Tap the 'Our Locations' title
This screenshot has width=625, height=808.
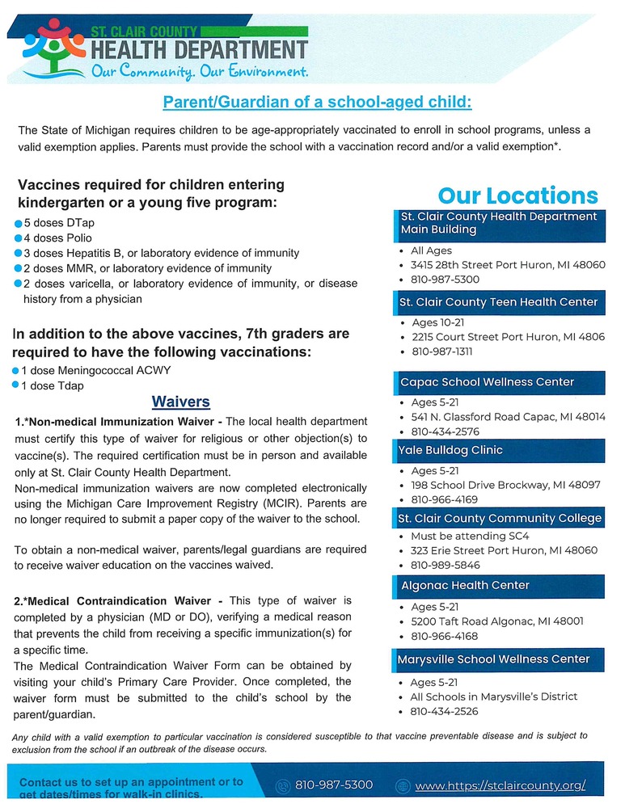(517, 196)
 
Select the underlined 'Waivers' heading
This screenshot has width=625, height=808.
(181, 402)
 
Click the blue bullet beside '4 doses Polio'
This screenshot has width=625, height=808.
(18, 238)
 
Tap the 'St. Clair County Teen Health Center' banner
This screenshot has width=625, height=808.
(499, 302)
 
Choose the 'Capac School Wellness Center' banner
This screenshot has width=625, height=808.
(488, 381)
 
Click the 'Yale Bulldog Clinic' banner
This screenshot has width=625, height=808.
(451, 450)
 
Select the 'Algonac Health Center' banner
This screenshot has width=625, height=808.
(466, 585)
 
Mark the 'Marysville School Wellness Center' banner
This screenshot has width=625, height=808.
(493, 659)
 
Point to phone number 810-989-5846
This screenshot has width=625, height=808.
(445, 566)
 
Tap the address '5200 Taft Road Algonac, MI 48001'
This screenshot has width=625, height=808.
(496, 621)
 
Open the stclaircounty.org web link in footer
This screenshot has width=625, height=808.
(500, 785)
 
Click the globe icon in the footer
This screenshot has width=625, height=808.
(403, 785)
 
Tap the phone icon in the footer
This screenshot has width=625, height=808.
(282, 785)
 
